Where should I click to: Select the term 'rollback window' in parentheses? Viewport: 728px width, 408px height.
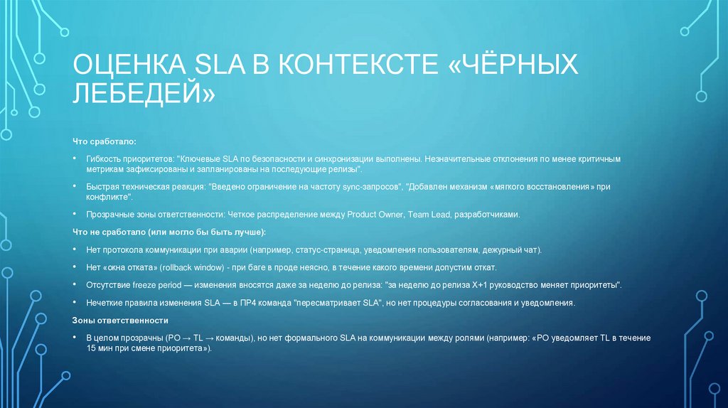194,267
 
